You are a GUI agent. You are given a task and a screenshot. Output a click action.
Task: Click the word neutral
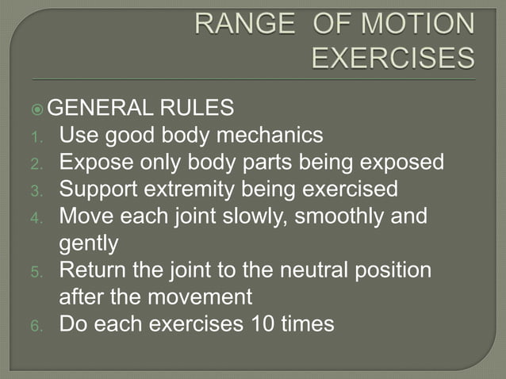pyautogui.click(x=299, y=270)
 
